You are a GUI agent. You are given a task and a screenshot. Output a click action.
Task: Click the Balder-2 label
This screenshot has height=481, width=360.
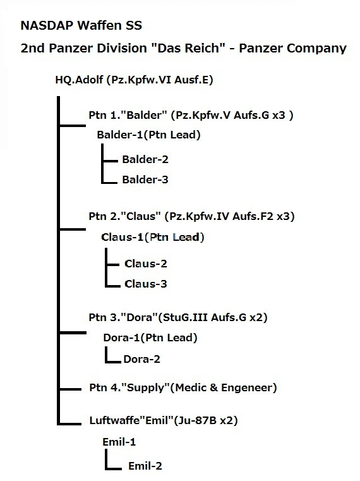pos(145,159)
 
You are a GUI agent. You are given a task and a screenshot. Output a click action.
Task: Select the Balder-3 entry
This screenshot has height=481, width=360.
pos(145,180)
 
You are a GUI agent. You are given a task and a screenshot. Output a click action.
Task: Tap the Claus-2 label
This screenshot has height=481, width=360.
pos(146,264)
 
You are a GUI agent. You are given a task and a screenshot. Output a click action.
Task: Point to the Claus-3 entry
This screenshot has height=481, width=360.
pos(146,284)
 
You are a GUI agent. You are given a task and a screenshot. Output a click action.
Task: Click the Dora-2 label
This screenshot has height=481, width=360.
pos(142,359)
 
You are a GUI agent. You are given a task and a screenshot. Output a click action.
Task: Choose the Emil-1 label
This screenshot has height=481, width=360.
pos(119,442)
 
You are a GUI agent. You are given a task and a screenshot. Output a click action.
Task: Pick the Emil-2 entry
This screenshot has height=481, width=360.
pos(145,466)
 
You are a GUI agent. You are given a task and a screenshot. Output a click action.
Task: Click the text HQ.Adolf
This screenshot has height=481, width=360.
pos(79,80)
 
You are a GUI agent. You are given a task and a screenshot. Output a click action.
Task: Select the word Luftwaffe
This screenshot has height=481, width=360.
pos(114,420)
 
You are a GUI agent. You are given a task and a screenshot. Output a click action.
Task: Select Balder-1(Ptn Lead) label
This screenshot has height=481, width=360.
pos(148,135)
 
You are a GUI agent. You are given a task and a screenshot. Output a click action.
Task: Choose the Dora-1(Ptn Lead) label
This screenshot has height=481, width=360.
pos(150,338)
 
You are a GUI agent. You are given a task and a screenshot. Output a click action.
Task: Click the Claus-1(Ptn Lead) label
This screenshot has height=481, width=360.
pos(153,237)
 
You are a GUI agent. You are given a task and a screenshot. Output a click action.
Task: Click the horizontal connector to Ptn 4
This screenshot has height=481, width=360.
pos(70,389)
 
